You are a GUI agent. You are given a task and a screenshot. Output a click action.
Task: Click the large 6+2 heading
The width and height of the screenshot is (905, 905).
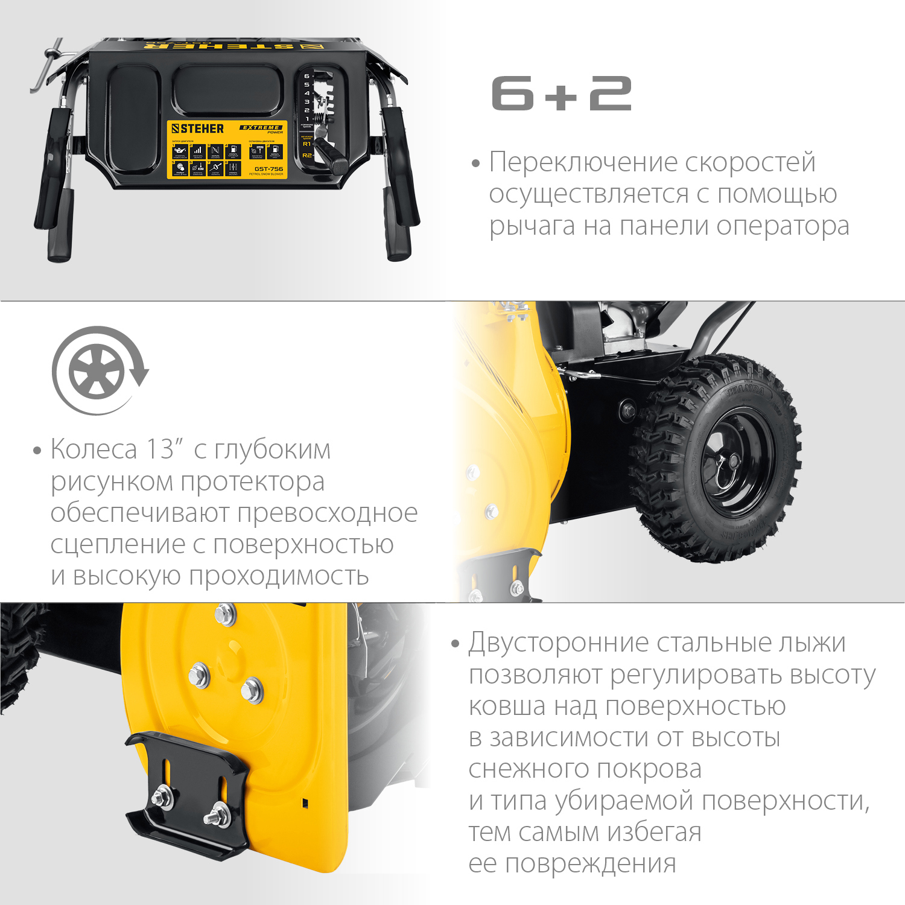[x=561, y=94]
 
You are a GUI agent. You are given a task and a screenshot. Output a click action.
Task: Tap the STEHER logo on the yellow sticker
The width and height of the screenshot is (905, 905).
[x=197, y=129]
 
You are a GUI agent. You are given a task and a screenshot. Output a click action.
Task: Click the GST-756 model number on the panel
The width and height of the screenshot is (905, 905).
[x=268, y=169]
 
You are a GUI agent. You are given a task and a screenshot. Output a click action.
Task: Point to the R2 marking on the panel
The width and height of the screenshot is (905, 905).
[x=307, y=156]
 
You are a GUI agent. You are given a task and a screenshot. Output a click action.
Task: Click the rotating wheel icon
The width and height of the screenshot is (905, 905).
[x=98, y=370]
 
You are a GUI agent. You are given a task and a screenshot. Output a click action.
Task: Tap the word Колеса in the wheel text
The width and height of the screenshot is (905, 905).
[x=94, y=449]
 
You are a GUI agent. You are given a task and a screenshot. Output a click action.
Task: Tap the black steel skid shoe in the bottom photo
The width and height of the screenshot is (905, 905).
[x=187, y=790]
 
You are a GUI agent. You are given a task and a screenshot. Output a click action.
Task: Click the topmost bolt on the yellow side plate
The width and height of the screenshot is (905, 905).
[x=225, y=614]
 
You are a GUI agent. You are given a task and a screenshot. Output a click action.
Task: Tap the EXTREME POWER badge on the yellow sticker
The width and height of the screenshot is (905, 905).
[x=262, y=129]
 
